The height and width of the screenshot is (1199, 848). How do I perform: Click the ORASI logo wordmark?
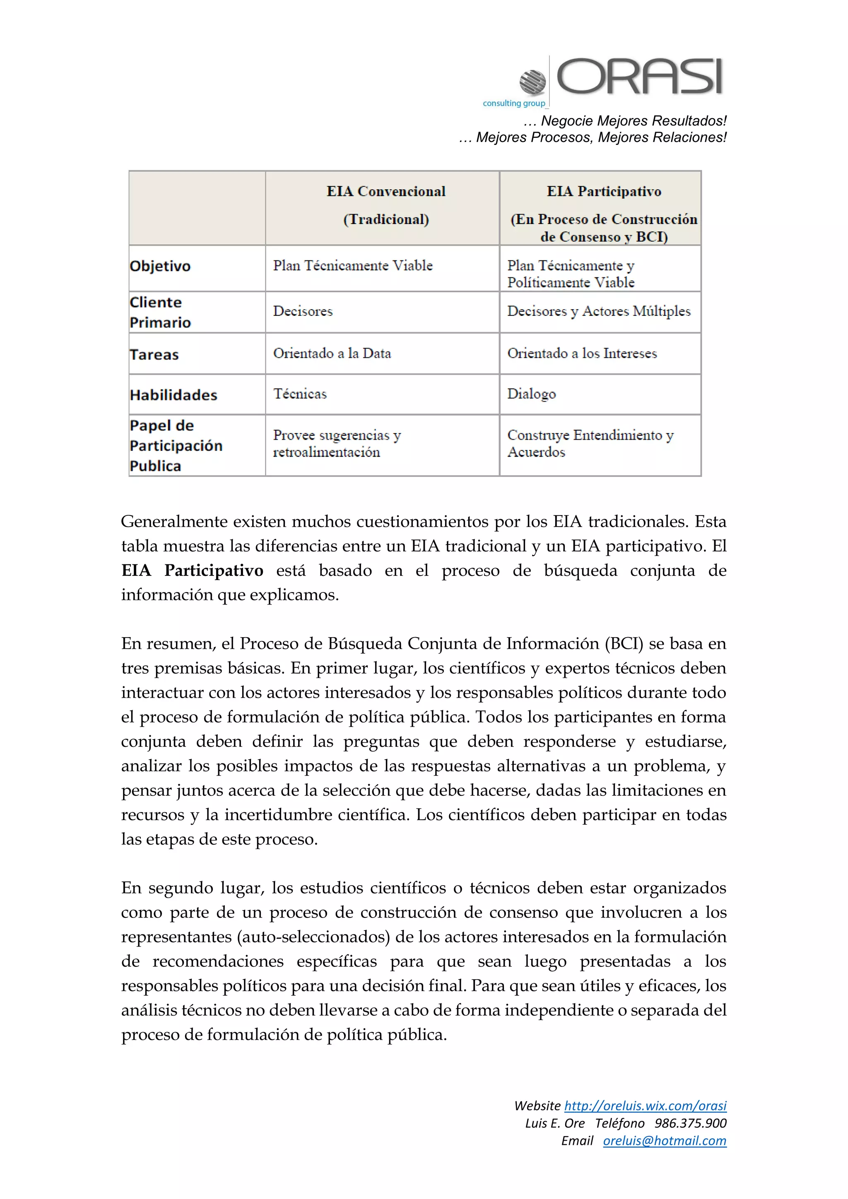[640, 77]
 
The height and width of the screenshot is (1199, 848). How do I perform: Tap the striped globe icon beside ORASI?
[532, 82]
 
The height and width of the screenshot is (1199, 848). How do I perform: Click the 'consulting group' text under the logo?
[514, 104]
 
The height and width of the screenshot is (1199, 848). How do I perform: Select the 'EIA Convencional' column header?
[386, 192]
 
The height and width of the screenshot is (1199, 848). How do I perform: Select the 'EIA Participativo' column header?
[604, 192]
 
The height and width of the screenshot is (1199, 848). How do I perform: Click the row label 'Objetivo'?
[160, 266]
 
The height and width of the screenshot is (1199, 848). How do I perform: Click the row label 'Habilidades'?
[173, 395]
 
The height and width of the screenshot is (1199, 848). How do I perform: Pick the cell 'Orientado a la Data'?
[332, 354]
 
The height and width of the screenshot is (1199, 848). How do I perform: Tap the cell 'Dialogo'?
[531, 394]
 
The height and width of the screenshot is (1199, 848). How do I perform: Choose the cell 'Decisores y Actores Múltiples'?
[598, 311]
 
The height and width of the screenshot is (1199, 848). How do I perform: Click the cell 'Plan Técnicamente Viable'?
[353, 266]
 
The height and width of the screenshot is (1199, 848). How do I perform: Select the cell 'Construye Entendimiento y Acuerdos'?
[590, 443]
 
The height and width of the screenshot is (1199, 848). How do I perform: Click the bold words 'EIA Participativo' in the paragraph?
[192, 570]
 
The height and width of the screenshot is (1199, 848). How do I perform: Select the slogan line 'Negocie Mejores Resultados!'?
[633, 121]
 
